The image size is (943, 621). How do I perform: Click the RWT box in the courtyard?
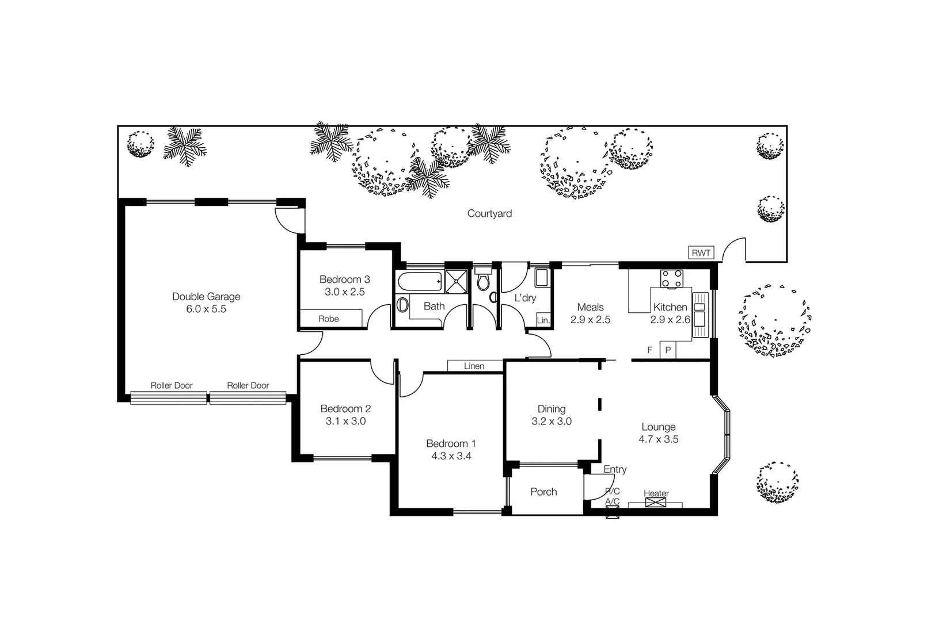click(701, 252)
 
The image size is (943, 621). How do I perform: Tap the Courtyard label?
click(489, 213)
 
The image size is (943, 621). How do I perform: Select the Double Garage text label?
click(206, 297)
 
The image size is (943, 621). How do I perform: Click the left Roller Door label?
click(172, 385)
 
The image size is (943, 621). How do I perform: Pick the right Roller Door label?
click(248, 385)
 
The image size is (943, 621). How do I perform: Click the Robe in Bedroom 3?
click(329, 319)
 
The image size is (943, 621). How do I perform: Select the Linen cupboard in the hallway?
click(474, 366)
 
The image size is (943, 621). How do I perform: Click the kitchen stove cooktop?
click(671, 279)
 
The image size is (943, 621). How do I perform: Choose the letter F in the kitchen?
click(650, 350)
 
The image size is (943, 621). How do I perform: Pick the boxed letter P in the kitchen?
click(668, 350)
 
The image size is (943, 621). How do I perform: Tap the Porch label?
click(543, 492)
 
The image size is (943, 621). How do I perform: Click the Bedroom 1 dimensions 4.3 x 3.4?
click(451, 456)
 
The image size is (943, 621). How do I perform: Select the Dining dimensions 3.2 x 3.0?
click(552, 421)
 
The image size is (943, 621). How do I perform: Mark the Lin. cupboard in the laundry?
click(543, 320)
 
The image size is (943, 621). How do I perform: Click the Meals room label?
click(590, 307)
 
